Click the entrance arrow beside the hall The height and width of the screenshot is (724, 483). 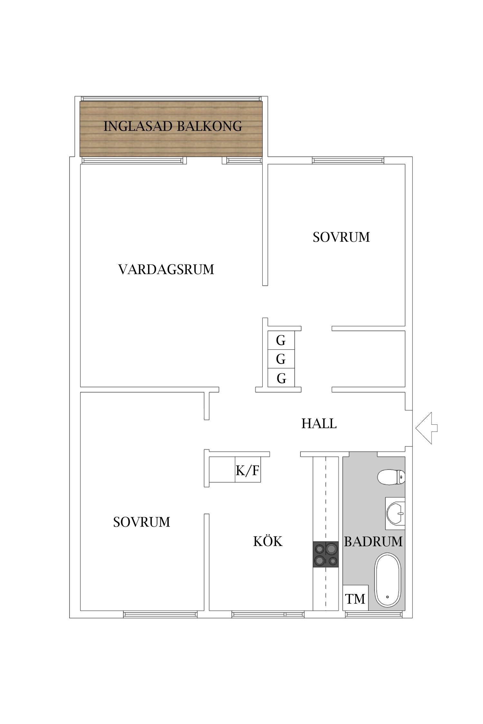tap(427, 428)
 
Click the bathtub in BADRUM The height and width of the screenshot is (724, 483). tap(387, 580)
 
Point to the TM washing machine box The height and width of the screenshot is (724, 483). tap(355, 599)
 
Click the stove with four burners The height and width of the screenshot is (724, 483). tap(326, 554)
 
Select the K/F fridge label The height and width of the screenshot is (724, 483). tap(247, 470)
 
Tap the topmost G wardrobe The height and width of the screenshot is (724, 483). tap(281, 340)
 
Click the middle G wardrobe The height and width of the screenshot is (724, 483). tap(281, 359)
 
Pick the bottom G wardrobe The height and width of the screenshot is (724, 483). tap(281, 378)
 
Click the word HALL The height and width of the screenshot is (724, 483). tap(319, 423)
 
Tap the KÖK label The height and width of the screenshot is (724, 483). tap(268, 541)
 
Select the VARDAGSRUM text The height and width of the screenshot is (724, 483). tap(166, 269)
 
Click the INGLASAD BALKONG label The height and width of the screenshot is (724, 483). tap(173, 126)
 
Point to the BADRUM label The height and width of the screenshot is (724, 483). tap(373, 542)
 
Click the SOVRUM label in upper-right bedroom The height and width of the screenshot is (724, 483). tap(341, 237)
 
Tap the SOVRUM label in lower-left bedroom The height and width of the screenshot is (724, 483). tap(141, 522)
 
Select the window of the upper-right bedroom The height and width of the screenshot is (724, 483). tap(348, 160)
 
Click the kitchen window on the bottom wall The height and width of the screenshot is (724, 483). tap(268, 614)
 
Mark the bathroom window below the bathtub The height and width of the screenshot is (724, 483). tap(374, 614)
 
